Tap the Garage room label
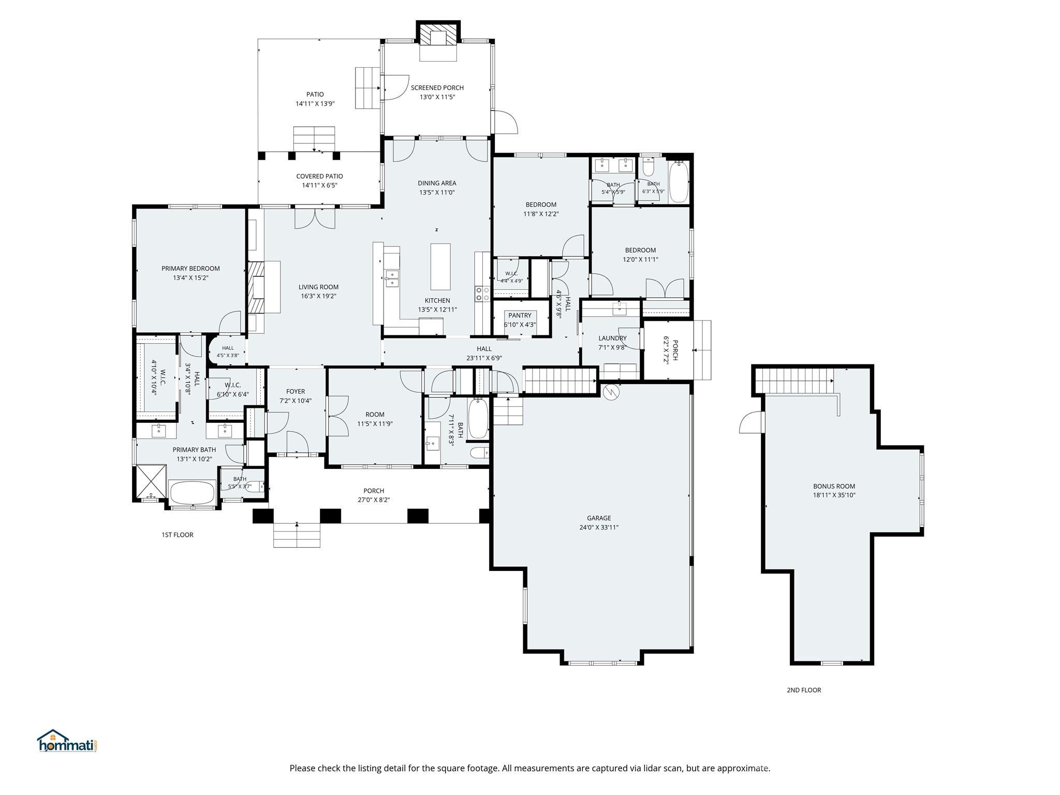pyautogui.click(x=599, y=518)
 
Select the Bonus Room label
pyautogui.click(x=834, y=486)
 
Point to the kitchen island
pyautogui.click(x=440, y=267)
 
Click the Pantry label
pyautogui.click(x=520, y=315)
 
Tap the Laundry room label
pyautogui.click(x=612, y=338)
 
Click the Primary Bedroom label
pyautogui.click(x=190, y=268)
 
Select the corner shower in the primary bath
pyautogui.click(x=151, y=481)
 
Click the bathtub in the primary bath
pyautogui.click(x=192, y=492)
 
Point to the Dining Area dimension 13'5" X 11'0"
pyautogui.click(x=437, y=193)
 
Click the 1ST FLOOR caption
pyautogui.click(x=177, y=535)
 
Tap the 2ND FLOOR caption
pyautogui.click(x=804, y=690)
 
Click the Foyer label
pyautogui.click(x=296, y=391)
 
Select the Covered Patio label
pyautogui.click(x=319, y=176)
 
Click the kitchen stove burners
pyautogui.click(x=483, y=294)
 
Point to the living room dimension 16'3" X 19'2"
pyautogui.click(x=318, y=296)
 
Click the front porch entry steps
pyautogui.click(x=297, y=535)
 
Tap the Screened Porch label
pyautogui.click(x=437, y=87)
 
